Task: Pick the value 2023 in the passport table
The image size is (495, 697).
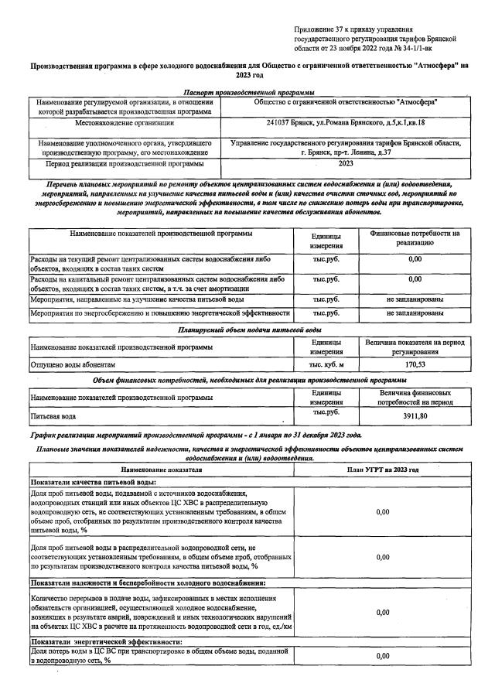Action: (x=345, y=164)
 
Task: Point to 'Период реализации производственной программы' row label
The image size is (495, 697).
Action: (x=124, y=164)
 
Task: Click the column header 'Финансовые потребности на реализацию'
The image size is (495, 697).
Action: (x=415, y=237)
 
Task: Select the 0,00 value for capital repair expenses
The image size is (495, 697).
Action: (x=415, y=278)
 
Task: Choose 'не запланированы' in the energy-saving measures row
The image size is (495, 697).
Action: (x=415, y=313)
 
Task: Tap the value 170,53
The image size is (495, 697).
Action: (x=415, y=364)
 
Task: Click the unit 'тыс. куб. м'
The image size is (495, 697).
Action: (x=326, y=364)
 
